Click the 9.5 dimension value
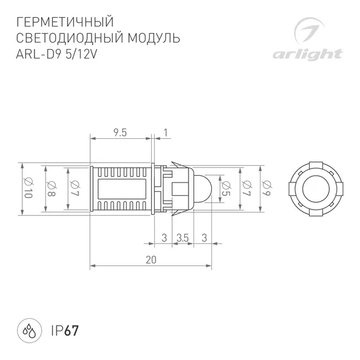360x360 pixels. tap(120, 133)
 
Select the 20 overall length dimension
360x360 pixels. tap(151, 260)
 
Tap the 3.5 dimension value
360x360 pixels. tap(182, 238)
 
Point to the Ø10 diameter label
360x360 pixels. tap(28, 189)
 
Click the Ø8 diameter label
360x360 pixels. tap(51, 189)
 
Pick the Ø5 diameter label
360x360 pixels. tap(226, 189)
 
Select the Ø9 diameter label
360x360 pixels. tap(267, 189)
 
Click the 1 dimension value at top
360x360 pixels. tap(165, 133)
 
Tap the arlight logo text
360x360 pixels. tap(307, 55)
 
